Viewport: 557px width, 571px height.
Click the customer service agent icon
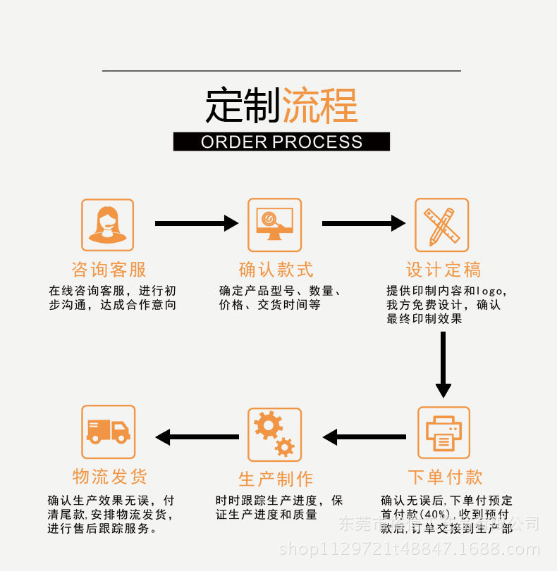[x=107, y=225]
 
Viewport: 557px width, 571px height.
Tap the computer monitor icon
[x=274, y=225]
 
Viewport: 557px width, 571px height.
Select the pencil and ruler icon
[x=441, y=225]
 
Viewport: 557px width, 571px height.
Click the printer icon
[x=443, y=432]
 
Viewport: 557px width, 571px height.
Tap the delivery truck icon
[x=108, y=432]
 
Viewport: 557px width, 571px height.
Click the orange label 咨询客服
[x=109, y=269]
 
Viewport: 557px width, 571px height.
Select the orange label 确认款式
[x=276, y=269]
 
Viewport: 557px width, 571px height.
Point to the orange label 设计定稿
[x=443, y=269]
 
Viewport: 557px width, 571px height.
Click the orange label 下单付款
[x=445, y=477]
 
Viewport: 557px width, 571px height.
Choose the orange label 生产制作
[x=276, y=479]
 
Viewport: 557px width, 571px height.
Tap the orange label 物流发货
[x=110, y=477]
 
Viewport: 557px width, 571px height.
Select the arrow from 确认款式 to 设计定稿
[x=363, y=223]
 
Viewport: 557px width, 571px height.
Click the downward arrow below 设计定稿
[x=443, y=364]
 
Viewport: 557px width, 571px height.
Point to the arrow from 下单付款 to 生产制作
[x=364, y=437]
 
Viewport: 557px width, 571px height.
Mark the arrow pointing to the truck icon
[x=197, y=437]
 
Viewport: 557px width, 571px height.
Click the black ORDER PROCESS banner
[x=281, y=142]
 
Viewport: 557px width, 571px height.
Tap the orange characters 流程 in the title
[x=319, y=106]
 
